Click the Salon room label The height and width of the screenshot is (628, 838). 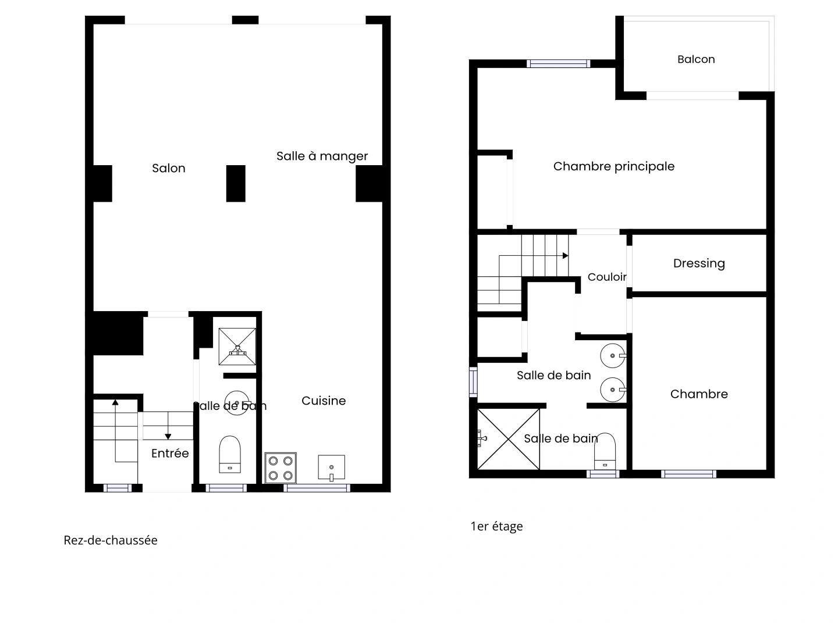pos(169,168)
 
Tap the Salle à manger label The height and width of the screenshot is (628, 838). pos(322,156)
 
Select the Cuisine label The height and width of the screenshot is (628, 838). pos(324,401)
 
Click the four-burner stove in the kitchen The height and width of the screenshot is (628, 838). pos(280,468)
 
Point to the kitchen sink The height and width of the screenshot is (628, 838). pos(331,468)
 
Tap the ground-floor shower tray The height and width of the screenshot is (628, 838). pos(237,347)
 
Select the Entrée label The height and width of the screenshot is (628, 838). pos(170,453)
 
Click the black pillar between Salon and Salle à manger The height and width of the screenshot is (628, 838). pos(236,183)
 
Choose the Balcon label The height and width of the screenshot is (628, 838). pos(696,59)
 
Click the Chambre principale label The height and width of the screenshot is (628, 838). pos(614,166)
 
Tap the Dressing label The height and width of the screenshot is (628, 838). pos(699,263)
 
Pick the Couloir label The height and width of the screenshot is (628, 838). pos(607,277)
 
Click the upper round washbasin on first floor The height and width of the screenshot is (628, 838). pos(613,355)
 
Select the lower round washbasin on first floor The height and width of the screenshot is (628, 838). pos(613,390)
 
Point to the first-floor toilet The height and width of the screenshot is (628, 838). pos(605,449)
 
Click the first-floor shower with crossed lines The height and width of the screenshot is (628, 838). pos(508,439)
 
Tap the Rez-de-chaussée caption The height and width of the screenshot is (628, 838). pos(111,540)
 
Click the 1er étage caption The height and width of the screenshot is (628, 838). pos(496,526)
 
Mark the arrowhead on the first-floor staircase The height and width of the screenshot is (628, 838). pos(566,256)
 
